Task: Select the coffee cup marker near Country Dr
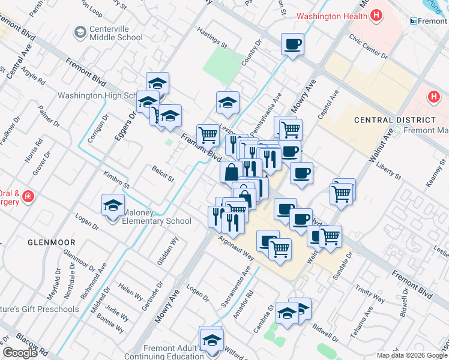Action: (x=292, y=44)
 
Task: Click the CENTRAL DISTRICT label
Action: (x=394, y=120)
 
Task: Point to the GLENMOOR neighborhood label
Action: (x=52, y=242)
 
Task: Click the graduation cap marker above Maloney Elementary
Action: (x=113, y=205)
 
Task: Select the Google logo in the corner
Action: (x=20, y=353)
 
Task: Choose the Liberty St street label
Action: (x=388, y=170)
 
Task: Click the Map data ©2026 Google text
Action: (x=412, y=355)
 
